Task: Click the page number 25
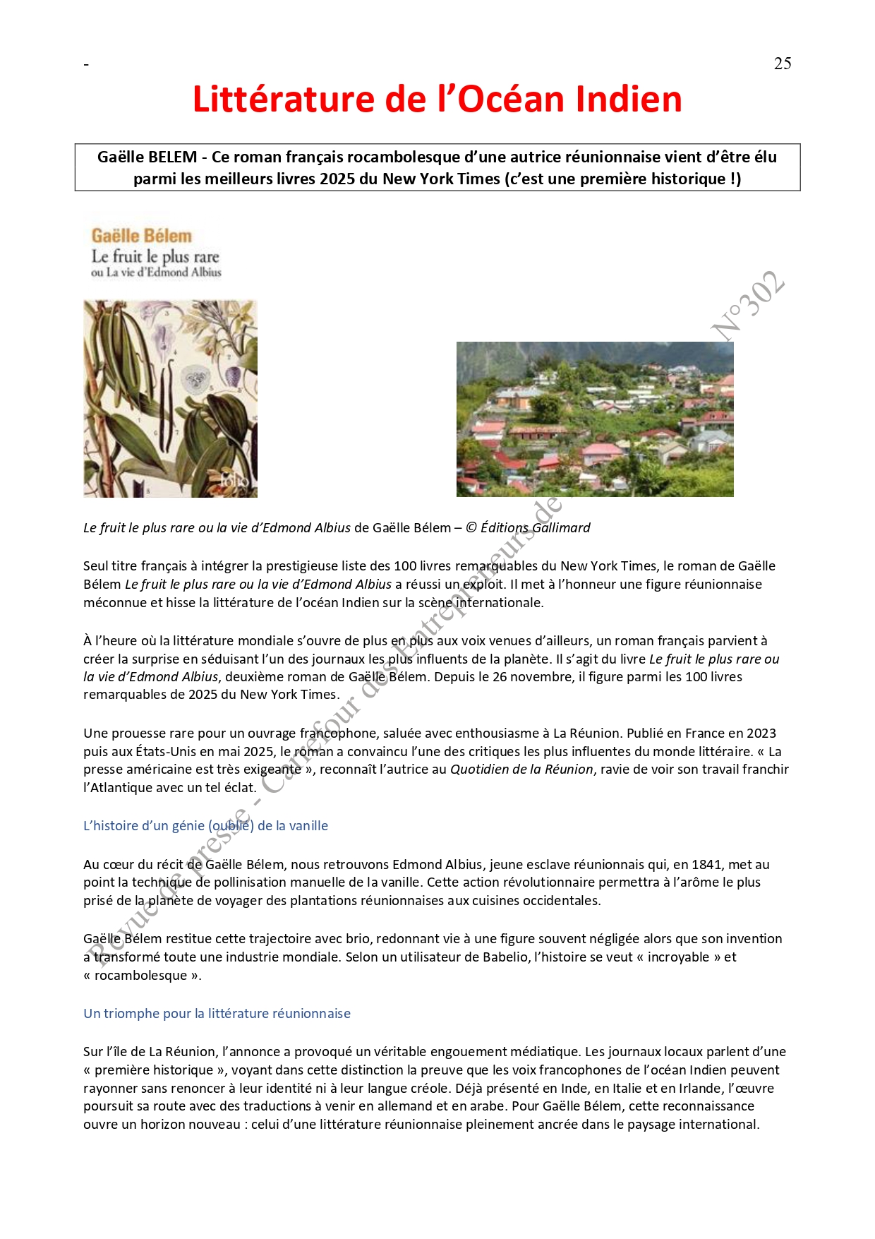[x=782, y=64]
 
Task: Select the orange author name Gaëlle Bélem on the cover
[x=141, y=236]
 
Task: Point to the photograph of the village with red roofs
[x=595, y=419]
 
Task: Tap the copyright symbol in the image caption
[x=471, y=528]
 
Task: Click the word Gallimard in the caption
[x=561, y=528]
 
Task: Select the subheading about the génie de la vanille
[x=205, y=826]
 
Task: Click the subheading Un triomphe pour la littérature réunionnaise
[x=217, y=1014]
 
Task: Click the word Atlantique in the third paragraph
[x=121, y=788]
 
